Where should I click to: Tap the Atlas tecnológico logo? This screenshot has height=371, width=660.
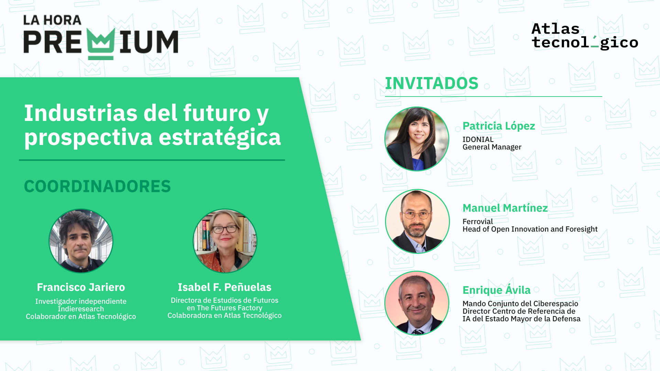tap(585, 36)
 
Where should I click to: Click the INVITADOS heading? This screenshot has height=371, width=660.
tap(431, 83)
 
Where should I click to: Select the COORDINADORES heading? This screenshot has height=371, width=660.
tap(97, 186)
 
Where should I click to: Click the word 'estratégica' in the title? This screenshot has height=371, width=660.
tap(220, 137)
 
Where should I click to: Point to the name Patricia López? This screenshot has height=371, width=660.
tap(499, 126)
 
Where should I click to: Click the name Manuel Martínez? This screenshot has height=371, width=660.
tap(505, 208)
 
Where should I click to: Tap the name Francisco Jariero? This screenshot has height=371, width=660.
tap(81, 287)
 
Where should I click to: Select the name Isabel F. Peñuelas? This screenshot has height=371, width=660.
tap(224, 287)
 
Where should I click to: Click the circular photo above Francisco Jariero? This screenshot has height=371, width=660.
tap(81, 241)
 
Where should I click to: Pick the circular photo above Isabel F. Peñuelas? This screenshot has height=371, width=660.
tap(225, 241)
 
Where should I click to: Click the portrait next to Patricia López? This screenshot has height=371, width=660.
tap(417, 139)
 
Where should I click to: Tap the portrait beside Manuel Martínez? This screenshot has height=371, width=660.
tap(417, 221)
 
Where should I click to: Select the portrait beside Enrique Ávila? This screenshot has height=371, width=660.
tap(417, 303)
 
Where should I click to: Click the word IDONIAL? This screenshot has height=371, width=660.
tap(478, 139)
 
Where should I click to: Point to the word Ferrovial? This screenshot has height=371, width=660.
tap(477, 222)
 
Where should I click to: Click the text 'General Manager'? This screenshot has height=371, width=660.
tap(492, 147)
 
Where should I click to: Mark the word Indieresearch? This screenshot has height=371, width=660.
tap(81, 309)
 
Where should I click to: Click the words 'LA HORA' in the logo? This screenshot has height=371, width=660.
tap(52, 20)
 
